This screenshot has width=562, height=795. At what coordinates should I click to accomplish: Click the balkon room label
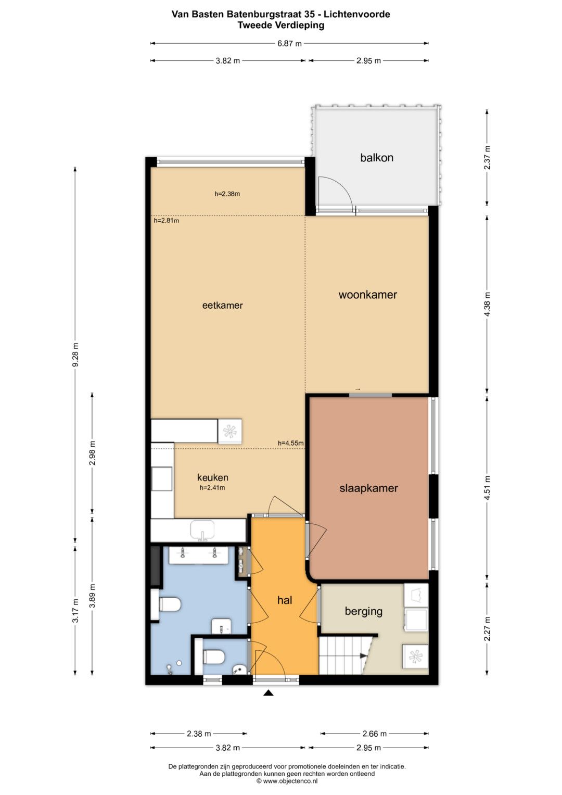point(376,157)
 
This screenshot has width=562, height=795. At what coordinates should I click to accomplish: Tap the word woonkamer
point(367,295)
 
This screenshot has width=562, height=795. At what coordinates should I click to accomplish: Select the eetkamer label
point(223,305)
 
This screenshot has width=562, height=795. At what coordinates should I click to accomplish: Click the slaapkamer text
point(368,488)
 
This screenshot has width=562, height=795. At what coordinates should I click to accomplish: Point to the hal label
point(285,600)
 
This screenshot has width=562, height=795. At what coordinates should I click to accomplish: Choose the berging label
point(364,611)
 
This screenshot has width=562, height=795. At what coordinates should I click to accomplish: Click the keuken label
point(212,477)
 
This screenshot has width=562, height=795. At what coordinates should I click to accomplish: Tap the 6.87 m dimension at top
point(289,44)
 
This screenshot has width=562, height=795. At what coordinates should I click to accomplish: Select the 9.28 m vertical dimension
point(75,355)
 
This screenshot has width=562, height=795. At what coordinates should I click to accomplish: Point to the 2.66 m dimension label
point(375,734)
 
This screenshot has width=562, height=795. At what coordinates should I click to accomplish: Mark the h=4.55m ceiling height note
point(290,443)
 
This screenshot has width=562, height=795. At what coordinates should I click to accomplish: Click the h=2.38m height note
point(227,194)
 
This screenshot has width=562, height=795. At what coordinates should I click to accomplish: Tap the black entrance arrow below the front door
point(269,692)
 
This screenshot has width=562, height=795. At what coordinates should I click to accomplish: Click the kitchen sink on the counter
point(202,530)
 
